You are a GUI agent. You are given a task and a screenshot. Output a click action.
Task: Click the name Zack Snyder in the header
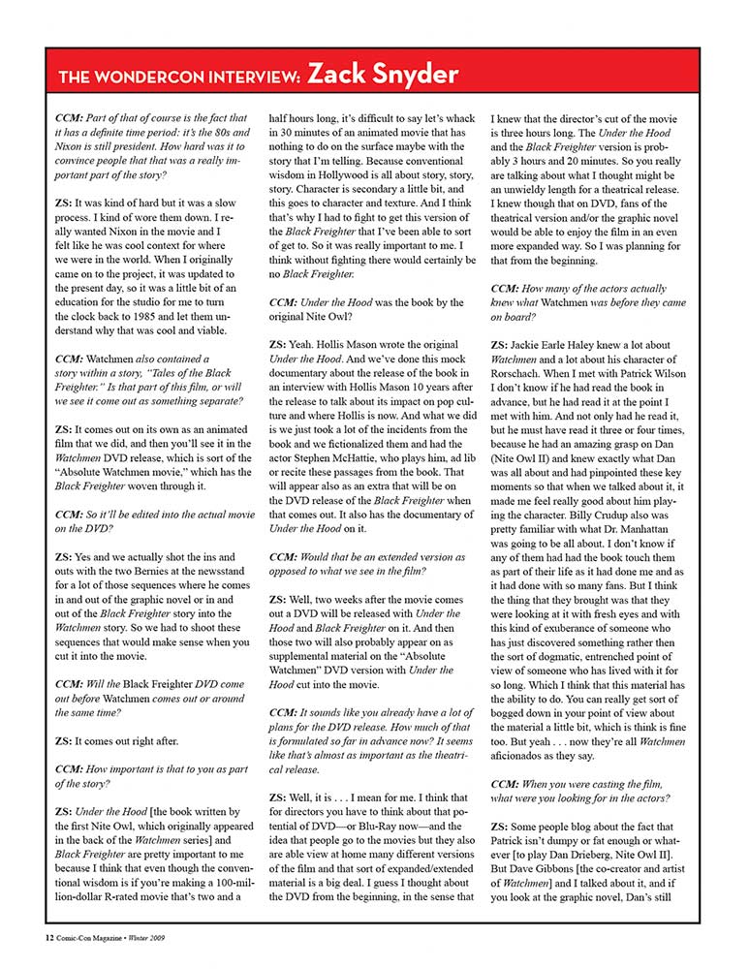coord(383,74)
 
